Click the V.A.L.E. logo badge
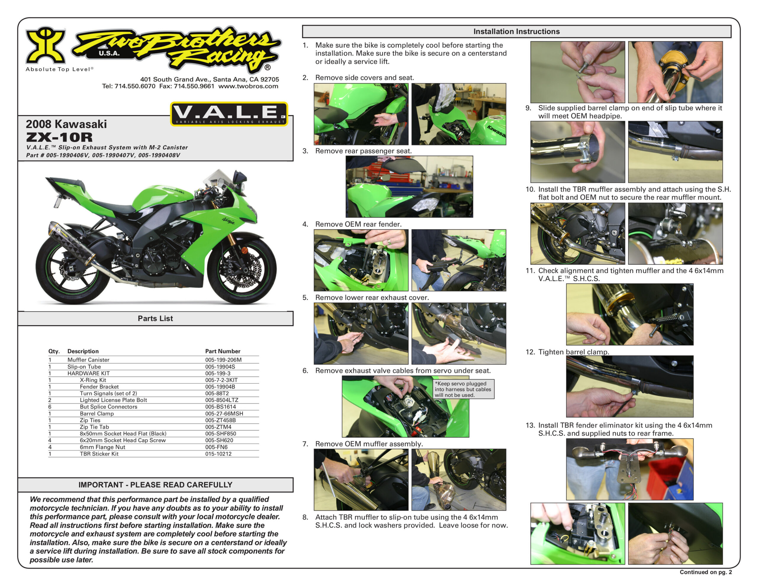pos(229,113)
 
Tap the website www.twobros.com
pos(248,86)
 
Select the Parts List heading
pos(155,318)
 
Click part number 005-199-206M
pos(223,360)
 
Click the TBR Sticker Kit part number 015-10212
pos(218,454)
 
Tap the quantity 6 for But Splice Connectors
pos(50,407)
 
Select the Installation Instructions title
pos(516,32)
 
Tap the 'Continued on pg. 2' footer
pos(706,572)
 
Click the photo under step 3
pos(409,187)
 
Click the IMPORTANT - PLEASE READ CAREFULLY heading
pos(155,485)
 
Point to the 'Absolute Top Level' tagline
pos(59,69)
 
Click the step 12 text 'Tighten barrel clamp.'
pos(573,352)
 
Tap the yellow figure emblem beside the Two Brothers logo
pos(46,45)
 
